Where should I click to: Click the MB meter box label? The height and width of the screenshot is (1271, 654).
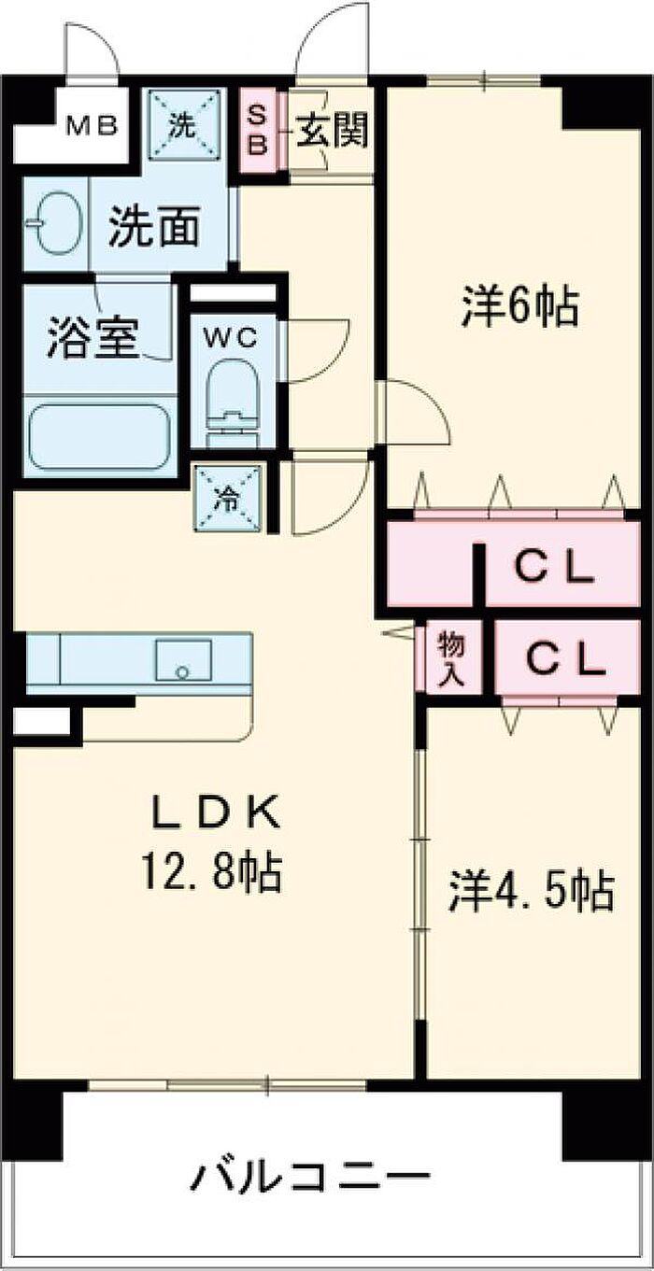click(92, 125)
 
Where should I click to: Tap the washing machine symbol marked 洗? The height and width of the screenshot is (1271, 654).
click(184, 126)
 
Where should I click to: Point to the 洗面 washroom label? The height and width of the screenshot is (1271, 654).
click(153, 227)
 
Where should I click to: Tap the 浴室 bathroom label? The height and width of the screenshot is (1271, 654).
click(92, 338)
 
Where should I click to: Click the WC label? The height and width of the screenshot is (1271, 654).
click(231, 338)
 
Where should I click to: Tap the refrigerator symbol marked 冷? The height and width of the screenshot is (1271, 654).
click(228, 500)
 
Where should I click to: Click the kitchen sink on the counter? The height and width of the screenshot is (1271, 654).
click(183, 660)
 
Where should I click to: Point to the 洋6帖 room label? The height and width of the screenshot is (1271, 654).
click(520, 306)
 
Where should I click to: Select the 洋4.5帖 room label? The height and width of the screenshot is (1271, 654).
click(532, 892)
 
